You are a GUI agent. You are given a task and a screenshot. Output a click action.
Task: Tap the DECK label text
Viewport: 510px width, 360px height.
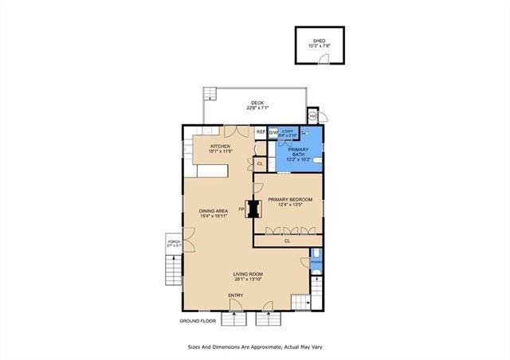257,103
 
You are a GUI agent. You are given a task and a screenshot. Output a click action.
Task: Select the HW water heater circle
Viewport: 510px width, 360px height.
313,115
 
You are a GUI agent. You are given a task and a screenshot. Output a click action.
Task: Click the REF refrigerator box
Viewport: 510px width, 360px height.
261,131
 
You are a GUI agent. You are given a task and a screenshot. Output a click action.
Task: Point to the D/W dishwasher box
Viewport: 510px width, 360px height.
272,131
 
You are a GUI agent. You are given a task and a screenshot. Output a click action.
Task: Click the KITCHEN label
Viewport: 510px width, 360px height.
221,146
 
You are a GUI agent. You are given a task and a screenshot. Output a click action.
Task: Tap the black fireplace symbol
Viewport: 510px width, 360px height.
254,209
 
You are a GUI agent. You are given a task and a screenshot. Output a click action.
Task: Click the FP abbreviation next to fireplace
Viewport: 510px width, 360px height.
241,209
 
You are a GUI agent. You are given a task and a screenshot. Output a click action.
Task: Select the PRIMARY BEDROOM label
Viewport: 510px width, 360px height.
289,199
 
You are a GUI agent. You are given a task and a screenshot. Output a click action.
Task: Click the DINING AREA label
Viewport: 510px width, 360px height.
214,211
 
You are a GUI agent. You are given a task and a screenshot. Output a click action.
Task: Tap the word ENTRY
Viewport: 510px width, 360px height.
235,295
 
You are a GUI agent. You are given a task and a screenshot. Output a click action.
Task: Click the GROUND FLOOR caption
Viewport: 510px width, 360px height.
198,321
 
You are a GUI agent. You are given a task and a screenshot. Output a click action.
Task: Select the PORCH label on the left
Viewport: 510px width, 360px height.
173,241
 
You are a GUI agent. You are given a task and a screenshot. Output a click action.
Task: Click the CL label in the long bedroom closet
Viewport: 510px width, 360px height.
287,240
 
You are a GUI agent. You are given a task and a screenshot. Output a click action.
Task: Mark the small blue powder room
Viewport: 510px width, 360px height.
316,270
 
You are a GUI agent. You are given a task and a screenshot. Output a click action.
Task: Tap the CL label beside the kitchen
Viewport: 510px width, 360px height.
260,163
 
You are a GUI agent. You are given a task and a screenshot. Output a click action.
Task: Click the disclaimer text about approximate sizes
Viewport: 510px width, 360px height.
254,347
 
